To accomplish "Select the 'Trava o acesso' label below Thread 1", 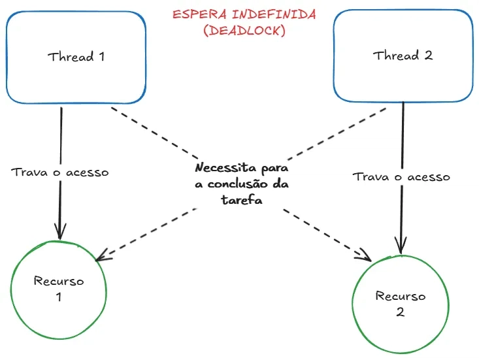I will tap(60, 172).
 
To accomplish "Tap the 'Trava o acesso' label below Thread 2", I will tap(401, 177).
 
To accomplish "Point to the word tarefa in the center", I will tap(241, 201).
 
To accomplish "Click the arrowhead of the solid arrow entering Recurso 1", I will tap(60, 233).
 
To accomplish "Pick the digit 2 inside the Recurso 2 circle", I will tap(400, 312).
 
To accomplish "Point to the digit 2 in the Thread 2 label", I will tap(428, 56).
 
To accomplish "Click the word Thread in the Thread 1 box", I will tap(71, 57).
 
